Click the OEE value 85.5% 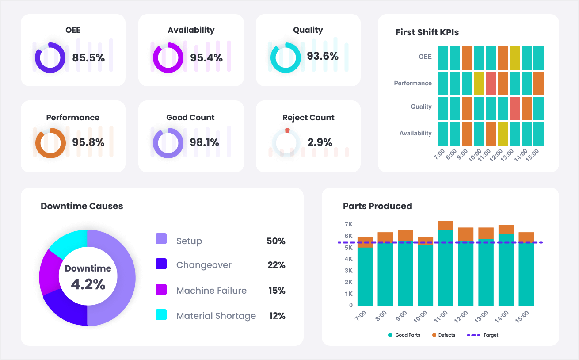click(x=88, y=58)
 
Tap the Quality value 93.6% click(x=323, y=56)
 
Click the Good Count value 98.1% click(x=204, y=142)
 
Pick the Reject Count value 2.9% click(x=320, y=142)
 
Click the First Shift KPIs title click(x=427, y=32)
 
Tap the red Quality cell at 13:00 click(x=514, y=108)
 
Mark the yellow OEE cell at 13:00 click(x=514, y=58)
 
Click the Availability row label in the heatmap click(x=415, y=134)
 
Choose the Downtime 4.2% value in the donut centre click(x=88, y=284)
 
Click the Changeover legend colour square click(x=161, y=264)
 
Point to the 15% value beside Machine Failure click(x=277, y=291)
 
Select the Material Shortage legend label click(x=216, y=316)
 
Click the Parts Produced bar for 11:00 click(x=446, y=265)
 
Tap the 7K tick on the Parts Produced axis click(x=348, y=225)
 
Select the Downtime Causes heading click(x=82, y=206)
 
